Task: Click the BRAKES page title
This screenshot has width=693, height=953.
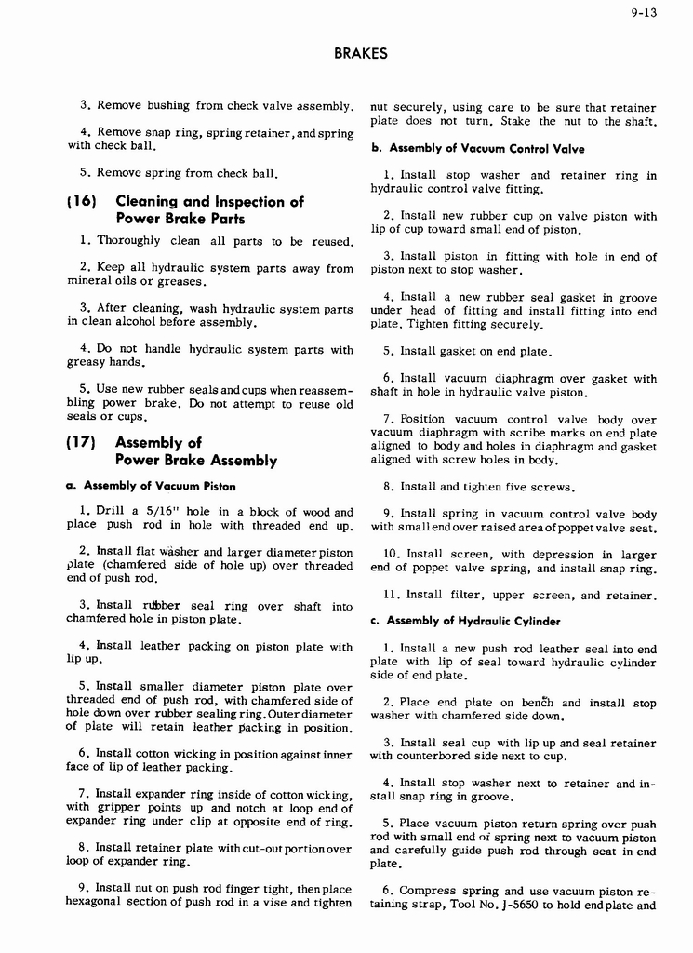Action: point(360,54)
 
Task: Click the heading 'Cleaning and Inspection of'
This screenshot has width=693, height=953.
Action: point(209,202)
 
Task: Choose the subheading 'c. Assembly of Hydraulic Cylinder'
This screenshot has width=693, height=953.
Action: point(474,622)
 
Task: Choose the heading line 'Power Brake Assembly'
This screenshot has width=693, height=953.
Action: point(195,461)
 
